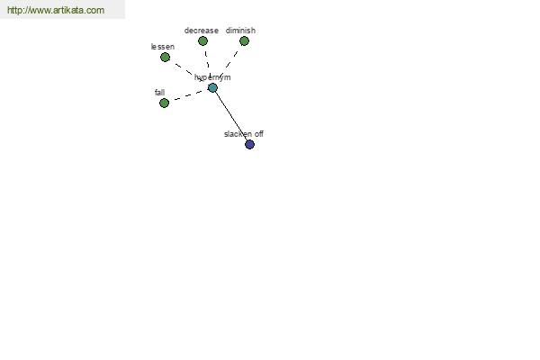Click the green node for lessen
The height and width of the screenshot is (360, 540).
tap(165, 58)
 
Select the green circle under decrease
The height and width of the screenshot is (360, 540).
tap(202, 41)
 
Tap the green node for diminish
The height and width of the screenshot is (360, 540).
tap(244, 41)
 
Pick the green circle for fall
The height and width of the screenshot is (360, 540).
tap(165, 103)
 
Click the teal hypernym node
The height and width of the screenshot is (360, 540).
tap(212, 88)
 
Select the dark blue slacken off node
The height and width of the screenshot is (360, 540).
tap(249, 144)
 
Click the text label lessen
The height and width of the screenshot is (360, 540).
tap(163, 47)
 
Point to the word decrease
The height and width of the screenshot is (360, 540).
tap(202, 31)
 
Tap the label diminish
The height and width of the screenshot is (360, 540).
tap(240, 31)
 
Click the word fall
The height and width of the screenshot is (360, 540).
tap(160, 93)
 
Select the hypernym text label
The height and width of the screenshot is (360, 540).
tap(212, 77)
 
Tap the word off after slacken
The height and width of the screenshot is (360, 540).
tap(259, 134)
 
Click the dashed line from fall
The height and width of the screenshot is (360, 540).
tap(189, 95)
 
